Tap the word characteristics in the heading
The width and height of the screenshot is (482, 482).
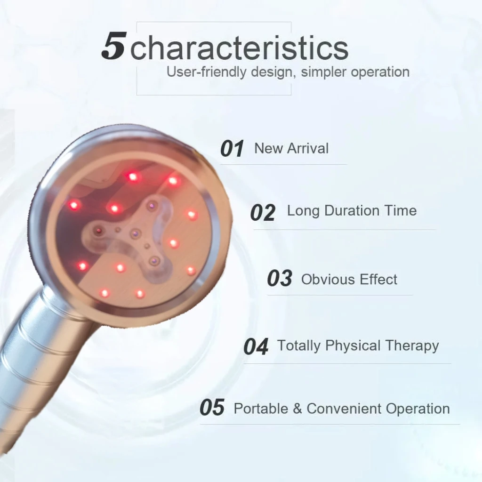pyautogui.click(x=240, y=48)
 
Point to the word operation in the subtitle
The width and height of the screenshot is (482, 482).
pyautogui.click(x=380, y=72)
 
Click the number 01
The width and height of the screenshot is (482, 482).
pyautogui.click(x=232, y=148)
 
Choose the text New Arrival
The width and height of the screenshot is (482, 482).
pyautogui.click(x=291, y=148)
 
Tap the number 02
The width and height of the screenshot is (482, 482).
pyautogui.click(x=263, y=212)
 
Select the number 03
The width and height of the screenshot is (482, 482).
pyautogui.click(x=280, y=278)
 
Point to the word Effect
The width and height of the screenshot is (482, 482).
pyautogui.click(x=378, y=280)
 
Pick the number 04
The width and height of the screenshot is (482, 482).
pyautogui.click(x=256, y=346)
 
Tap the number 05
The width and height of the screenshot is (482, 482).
pyautogui.click(x=212, y=407)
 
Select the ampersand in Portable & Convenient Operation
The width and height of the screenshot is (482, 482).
pyautogui.click(x=297, y=409)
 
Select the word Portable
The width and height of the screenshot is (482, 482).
pyautogui.click(x=261, y=409)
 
